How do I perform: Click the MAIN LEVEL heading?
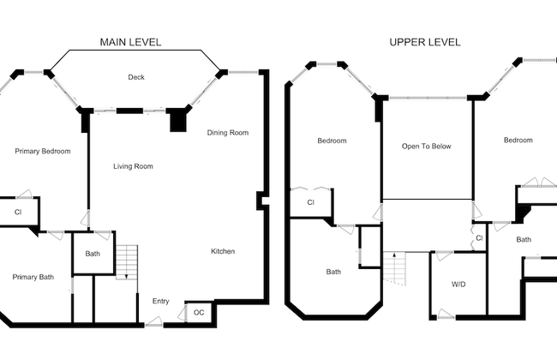[130, 42]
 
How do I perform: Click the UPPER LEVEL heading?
[425, 42]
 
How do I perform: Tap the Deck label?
[136, 77]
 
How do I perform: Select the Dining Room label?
[227, 133]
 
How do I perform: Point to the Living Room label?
[133, 166]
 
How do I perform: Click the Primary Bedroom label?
[43, 151]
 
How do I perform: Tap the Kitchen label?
[223, 251]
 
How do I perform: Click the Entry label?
[160, 301]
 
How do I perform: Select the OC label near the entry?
[199, 313]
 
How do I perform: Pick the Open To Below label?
[426, 147]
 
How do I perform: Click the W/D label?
[458, 284]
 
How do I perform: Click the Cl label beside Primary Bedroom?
[17, 211]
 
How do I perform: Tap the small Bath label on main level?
[93, 255]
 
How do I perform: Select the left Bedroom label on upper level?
[332, 141]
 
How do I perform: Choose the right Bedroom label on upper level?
[518, 141]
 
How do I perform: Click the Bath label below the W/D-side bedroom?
[524, 240]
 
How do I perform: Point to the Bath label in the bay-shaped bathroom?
[333, 272]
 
